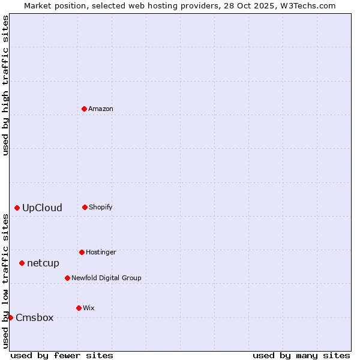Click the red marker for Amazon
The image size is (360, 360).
85,109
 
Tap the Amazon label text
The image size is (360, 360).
101,109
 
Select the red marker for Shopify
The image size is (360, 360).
85,207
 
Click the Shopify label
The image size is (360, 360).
100,208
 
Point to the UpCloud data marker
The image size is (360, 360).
17,208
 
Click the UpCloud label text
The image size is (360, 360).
42,208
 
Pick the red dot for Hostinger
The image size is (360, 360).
82,252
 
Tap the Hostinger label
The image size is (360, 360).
101,253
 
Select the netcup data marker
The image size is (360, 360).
22,263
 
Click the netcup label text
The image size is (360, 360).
43,263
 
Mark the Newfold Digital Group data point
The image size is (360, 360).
67,278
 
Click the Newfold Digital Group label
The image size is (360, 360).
106,278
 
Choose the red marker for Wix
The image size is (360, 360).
79,308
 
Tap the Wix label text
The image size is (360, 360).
89,308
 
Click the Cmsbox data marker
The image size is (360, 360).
10,317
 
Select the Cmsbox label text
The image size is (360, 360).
34,318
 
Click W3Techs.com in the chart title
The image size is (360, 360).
306,6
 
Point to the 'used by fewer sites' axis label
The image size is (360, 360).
62,355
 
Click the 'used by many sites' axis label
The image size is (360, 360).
301,355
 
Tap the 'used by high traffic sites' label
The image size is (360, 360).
6,85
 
